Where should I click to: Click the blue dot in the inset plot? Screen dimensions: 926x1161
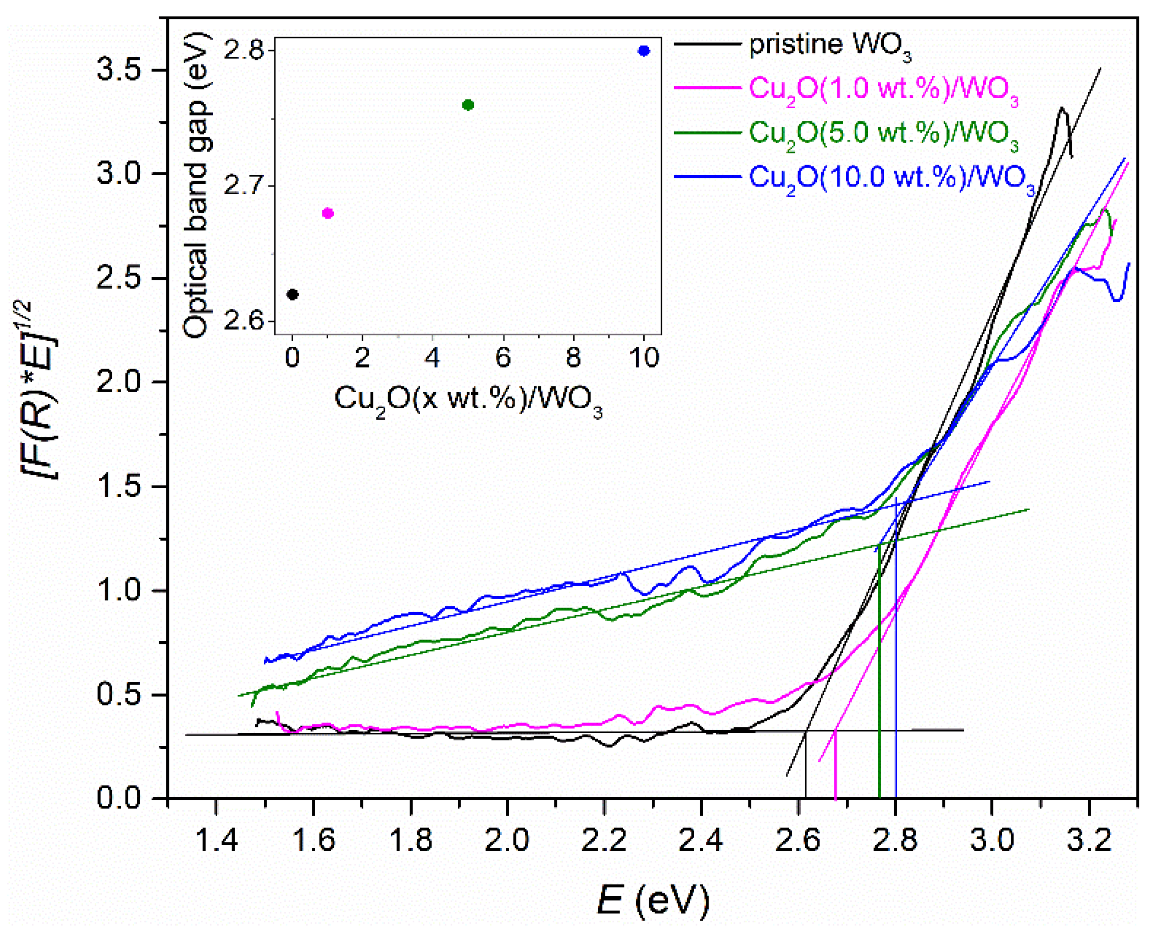click(643, 51)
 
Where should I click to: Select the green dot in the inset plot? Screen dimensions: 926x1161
click(468, 105)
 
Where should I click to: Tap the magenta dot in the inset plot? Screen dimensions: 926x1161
click(327, 213)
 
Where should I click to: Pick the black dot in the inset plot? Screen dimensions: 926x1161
click(292, 295)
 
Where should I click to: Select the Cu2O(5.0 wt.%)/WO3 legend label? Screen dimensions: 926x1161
click(883, 135)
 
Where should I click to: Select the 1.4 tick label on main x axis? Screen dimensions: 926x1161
click(216, 840)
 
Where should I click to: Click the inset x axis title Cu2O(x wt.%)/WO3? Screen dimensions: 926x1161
click(468, 402)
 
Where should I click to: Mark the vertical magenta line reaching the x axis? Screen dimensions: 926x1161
click(835, 765)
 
